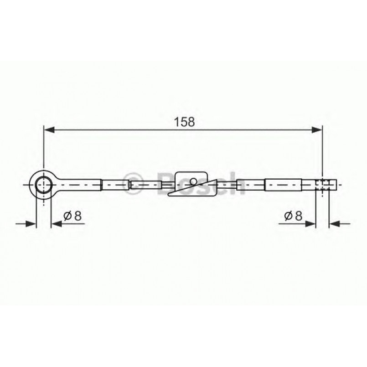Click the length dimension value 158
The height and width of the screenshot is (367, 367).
pos(184,122)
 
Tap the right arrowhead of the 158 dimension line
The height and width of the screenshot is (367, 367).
pos(317,130)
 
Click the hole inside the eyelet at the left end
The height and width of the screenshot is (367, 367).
pos(43,185)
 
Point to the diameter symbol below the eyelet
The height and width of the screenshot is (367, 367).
pos(67,216)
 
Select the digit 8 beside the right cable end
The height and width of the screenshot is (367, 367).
pos(298,216)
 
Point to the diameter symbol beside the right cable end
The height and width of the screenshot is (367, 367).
pos(288,216)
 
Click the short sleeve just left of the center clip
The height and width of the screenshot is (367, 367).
pos(145,185)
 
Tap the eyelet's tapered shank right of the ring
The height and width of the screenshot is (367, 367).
pos(78,185)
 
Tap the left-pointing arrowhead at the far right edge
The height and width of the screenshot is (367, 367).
pos(335,223)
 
